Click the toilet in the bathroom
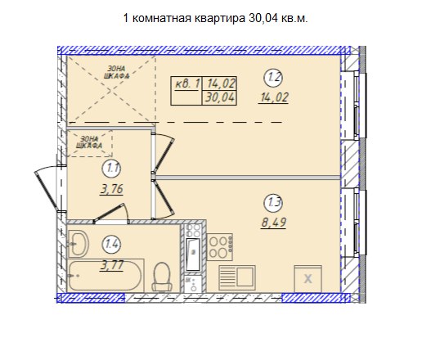162,277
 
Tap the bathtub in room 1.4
105,276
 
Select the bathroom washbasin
78,244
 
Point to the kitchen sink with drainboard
237,277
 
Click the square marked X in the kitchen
308,278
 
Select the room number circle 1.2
274,77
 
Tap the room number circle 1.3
274,202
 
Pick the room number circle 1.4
112,244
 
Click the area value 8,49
274,223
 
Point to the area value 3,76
112,189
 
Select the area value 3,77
112,265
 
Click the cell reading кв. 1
186,83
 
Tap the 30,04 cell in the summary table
220,98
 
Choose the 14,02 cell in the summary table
220,83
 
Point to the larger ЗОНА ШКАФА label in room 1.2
116,72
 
